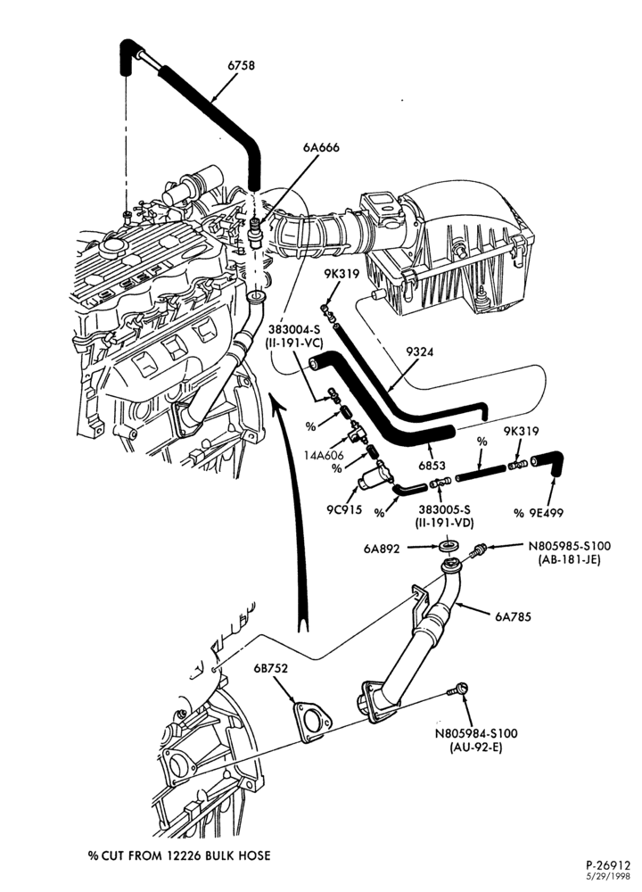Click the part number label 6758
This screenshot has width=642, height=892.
coord(241,65)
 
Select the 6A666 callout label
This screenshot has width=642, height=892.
coord(321,147)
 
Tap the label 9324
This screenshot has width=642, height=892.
coord(419,352)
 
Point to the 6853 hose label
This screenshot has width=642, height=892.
coord(432,466)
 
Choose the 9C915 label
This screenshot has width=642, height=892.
coord(343,509)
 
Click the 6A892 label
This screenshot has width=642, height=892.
coord(382,549)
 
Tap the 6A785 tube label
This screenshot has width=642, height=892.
coord(513,616)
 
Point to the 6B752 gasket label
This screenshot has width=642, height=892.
coord(271,668)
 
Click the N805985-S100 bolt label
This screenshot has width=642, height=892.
coord(569,546)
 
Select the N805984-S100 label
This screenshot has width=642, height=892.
coord(476,734)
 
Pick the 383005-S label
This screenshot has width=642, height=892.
coord(447,509)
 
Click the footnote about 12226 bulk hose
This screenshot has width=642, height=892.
coord(179,855)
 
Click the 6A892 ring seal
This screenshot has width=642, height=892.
coord(449,547)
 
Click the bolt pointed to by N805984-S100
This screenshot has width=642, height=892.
coord(457,690)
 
